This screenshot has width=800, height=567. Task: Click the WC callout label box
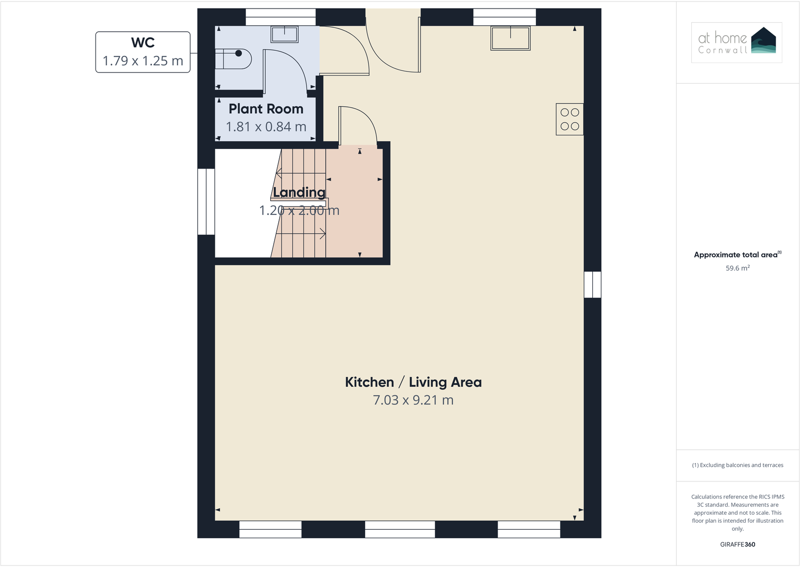tap(143, 52)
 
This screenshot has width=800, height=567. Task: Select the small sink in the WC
tap(285, 34)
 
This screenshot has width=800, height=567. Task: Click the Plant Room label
tap(266, 109)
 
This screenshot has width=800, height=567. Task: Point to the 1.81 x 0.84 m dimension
tap(266, 127)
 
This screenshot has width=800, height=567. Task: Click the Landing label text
tap(299, 192)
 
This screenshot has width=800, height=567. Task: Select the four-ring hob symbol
tap(570, 119)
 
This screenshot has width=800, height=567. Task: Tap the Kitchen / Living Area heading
tap(413, 382)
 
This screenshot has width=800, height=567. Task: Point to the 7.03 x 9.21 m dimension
tap(413, 400)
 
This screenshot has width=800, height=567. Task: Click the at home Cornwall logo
tap(737, 43)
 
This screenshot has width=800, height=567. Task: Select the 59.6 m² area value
tap(737, 268)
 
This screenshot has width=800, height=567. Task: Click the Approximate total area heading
tap(737, 255)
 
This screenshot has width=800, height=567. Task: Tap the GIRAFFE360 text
tap(737, 544)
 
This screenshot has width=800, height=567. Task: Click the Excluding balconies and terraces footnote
tap(737, 465)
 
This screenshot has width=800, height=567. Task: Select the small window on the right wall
tap(592, 285)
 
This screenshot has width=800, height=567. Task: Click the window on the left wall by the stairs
tap(206, 202)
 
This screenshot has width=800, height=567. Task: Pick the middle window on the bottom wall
tap(399, 529)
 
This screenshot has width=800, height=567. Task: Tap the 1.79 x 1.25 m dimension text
tap(143, 61)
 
